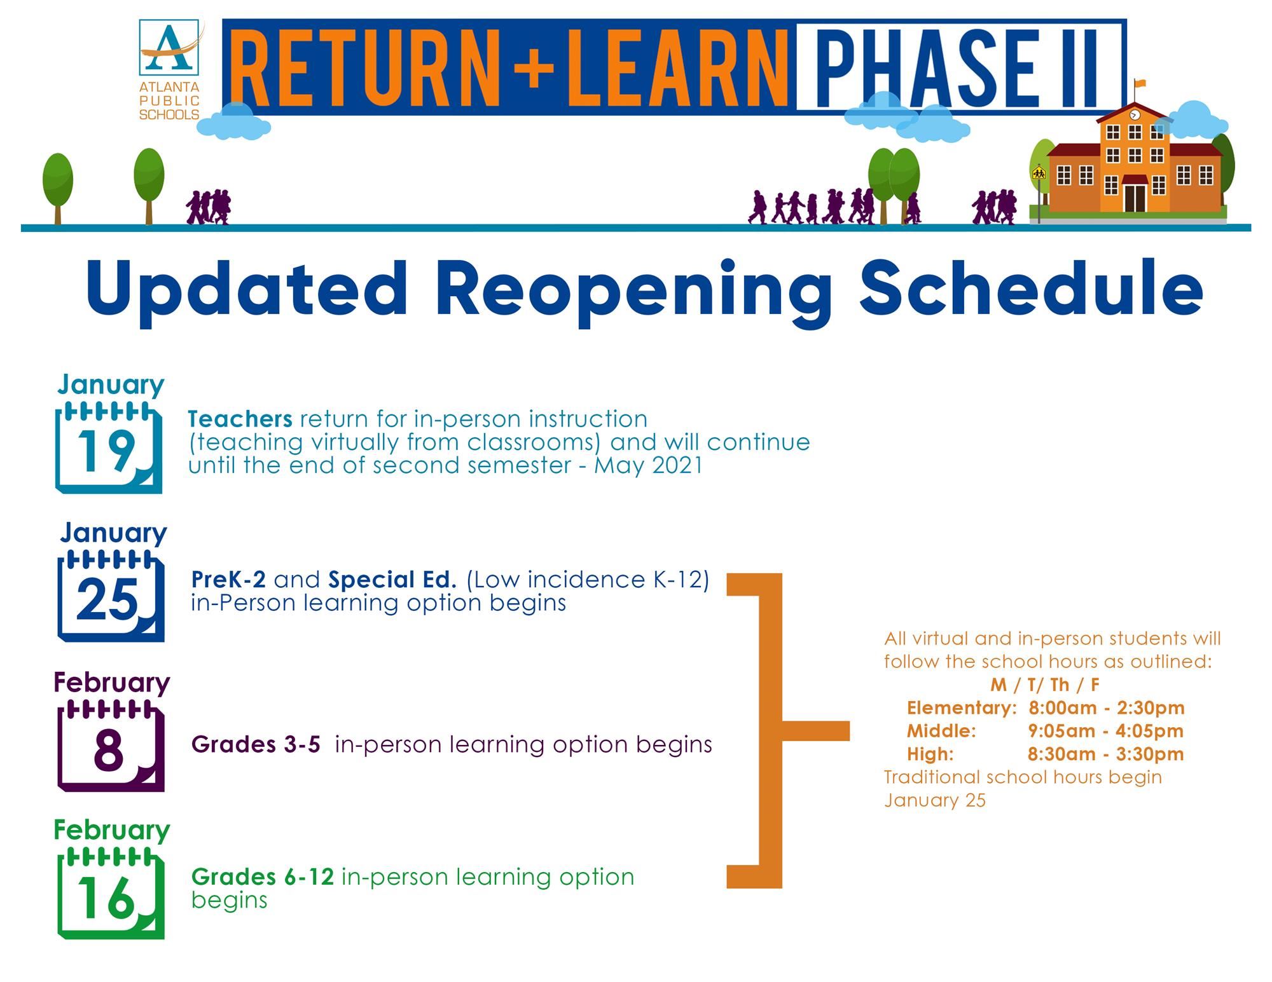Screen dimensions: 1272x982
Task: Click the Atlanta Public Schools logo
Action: point(170,70)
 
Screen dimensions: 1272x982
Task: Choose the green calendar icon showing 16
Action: point(111,893)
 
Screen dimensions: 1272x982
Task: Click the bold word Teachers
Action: point(240,419)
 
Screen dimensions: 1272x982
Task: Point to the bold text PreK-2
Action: point(229,580)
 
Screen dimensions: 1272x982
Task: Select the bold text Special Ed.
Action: point(392,580)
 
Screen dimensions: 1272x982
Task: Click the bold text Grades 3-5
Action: point(256,744)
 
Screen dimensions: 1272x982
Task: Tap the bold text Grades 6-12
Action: point(263,877)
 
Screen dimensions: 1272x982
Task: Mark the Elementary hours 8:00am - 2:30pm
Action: point(1107,708)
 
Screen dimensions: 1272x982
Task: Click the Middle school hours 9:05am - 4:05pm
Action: point(1106,731)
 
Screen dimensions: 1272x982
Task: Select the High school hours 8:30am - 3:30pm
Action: point(1106,754)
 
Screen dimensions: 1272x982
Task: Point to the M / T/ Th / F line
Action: point(1045,685)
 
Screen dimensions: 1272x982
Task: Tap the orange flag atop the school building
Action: point(1140,83)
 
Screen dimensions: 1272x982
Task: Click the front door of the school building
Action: point(1134,198)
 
